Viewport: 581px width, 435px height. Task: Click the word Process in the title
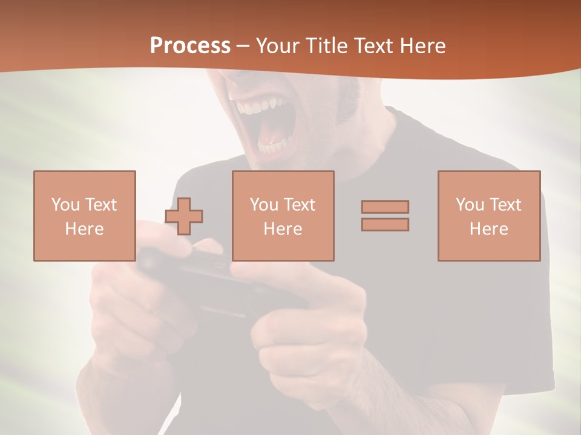190,46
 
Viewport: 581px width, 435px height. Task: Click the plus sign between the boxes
184,216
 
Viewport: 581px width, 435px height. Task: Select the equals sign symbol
385,216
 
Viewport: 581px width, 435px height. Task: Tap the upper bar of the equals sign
385,207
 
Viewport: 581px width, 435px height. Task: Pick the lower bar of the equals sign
385,224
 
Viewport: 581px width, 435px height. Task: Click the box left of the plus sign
84,216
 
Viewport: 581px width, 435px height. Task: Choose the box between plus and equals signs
283,216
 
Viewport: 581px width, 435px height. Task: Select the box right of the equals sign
488,216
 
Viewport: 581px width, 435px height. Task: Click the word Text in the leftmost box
100,205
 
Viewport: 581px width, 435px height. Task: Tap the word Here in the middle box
283,229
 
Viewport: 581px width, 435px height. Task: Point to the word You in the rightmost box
470,205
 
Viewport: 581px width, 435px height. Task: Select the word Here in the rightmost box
488,229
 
